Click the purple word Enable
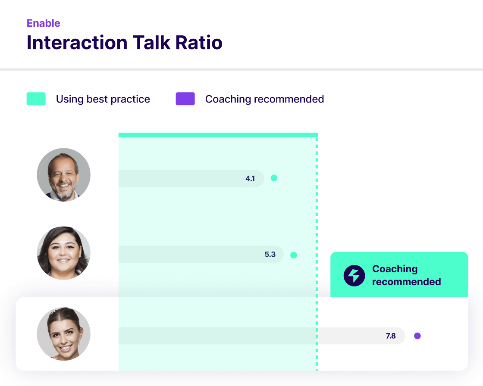pos(44,23)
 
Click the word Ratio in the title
pos(199,42)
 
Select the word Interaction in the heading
pos(77,42)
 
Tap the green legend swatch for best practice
pos(36,99)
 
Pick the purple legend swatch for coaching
pos(185,99)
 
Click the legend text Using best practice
pos(103,99)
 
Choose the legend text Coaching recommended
pos(265,99)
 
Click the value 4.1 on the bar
pos(250,178)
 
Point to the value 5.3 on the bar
pos(270,254)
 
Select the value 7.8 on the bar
pos(391,336)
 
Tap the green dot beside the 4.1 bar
pos(274,178)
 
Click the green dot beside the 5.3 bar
pos(294,255)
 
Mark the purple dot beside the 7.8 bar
pos(417,336)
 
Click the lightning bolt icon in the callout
pos(354,275)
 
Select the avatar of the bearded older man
pos(64,175)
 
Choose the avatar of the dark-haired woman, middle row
pos(64,253)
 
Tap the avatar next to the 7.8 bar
pos(64,334)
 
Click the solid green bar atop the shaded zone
pos(218,135)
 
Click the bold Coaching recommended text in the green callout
pos(407,275)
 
